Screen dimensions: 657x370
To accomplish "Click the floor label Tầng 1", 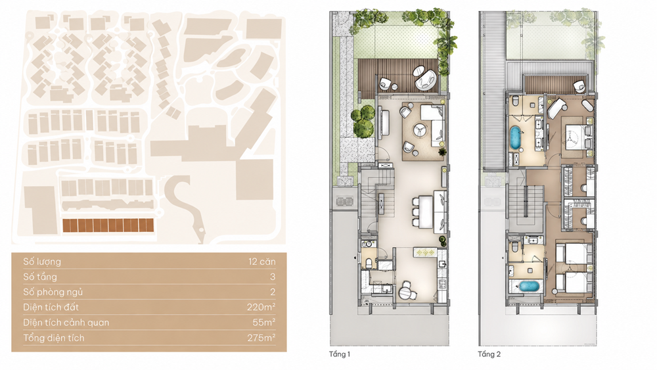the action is (340, 354).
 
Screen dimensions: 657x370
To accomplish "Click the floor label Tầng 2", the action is (489, 354).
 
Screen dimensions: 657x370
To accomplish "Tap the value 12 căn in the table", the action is (262, 262).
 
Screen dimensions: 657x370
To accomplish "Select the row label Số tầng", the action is (40, 277).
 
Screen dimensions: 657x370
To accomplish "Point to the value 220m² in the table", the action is (261, 307).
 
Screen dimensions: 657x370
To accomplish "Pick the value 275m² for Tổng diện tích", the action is (261, 338).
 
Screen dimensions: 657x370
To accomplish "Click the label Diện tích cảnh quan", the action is (66, 323).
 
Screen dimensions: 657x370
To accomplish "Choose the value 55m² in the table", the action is (264, 323).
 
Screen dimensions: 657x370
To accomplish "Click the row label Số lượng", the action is (42, 262).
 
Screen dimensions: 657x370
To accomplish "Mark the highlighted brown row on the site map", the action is (108, 225).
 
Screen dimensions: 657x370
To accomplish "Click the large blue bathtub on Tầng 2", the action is (515, 137).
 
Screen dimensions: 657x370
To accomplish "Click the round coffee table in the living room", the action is (420, 130).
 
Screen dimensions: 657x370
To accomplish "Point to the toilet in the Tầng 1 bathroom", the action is (369, 263).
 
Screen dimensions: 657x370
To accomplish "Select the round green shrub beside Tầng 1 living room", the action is (363, 121).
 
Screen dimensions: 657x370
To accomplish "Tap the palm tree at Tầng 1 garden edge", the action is (446, 44).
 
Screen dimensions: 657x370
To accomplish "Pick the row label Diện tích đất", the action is (51, 307).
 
